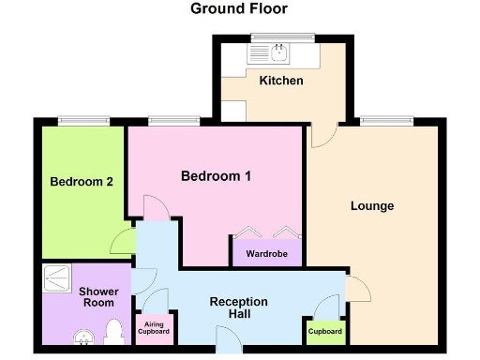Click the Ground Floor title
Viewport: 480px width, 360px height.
pyautogui.click(x=239, y=9)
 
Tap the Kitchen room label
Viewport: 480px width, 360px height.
pyautogui.click(x=281, y=81)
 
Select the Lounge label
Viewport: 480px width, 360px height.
pyautogui.click(x=372, y=206)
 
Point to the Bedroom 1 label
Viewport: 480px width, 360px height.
pyautogui.click(x=217, y=175)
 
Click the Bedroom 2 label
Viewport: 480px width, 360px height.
pyautogui.click(x=82, y=182)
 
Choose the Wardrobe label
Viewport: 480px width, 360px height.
pyautogui.click(x=266, y=253)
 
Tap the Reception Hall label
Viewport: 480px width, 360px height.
pyautogui.click(x=238, y=307)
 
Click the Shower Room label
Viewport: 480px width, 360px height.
pyautogui.click(x=97, y=297)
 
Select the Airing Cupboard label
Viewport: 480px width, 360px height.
pyautogui.click(x=154, y=329)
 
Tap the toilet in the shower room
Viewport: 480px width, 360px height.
pyautogui.click(x=115, y=334)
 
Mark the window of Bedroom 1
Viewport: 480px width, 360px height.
pyautogui.click(x=173, y=120)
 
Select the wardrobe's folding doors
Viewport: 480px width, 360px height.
pyautogui.click(x=266, y=234)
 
